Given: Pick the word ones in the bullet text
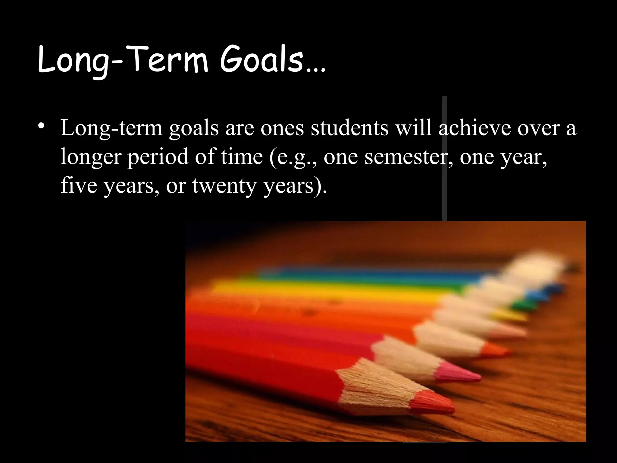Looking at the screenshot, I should pyautogui.click(x=282, y=128).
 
